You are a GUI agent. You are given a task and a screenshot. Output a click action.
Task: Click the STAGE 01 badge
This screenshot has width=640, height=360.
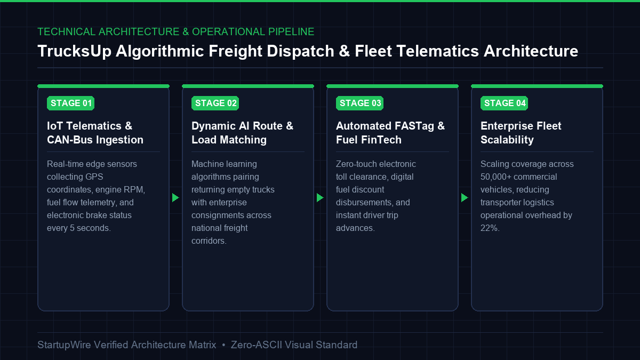click(70, 103)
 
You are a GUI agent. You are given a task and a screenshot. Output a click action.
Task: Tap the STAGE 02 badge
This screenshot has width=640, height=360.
click(215, 103)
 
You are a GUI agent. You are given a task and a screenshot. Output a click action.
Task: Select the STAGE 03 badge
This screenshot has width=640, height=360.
click(359, 103)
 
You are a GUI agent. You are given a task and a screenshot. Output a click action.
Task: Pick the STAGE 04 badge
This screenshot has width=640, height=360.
click(505, 103)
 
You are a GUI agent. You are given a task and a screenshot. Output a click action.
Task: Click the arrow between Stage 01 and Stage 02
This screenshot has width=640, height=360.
click(175, 198)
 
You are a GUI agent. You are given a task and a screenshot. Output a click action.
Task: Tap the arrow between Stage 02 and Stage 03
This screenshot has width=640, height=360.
click(320, 198)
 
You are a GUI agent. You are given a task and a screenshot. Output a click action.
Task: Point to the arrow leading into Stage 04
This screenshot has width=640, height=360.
click(465, 198)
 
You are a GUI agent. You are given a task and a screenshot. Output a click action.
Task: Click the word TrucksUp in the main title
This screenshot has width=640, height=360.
click(74, 51)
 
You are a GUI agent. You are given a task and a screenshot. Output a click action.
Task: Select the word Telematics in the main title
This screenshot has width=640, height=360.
click(437, 51)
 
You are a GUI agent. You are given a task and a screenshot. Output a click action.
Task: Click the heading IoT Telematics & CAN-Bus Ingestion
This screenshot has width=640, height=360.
click(95, 133)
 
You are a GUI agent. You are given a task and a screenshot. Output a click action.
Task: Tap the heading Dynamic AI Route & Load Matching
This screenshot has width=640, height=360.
click(242, 133)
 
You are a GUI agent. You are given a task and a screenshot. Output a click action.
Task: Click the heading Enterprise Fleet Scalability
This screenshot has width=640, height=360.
click(521, 133)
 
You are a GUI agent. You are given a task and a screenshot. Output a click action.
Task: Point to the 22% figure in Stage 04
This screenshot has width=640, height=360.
click(490, 228)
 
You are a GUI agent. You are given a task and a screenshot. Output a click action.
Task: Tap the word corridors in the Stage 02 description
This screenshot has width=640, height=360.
click(209, 241)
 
